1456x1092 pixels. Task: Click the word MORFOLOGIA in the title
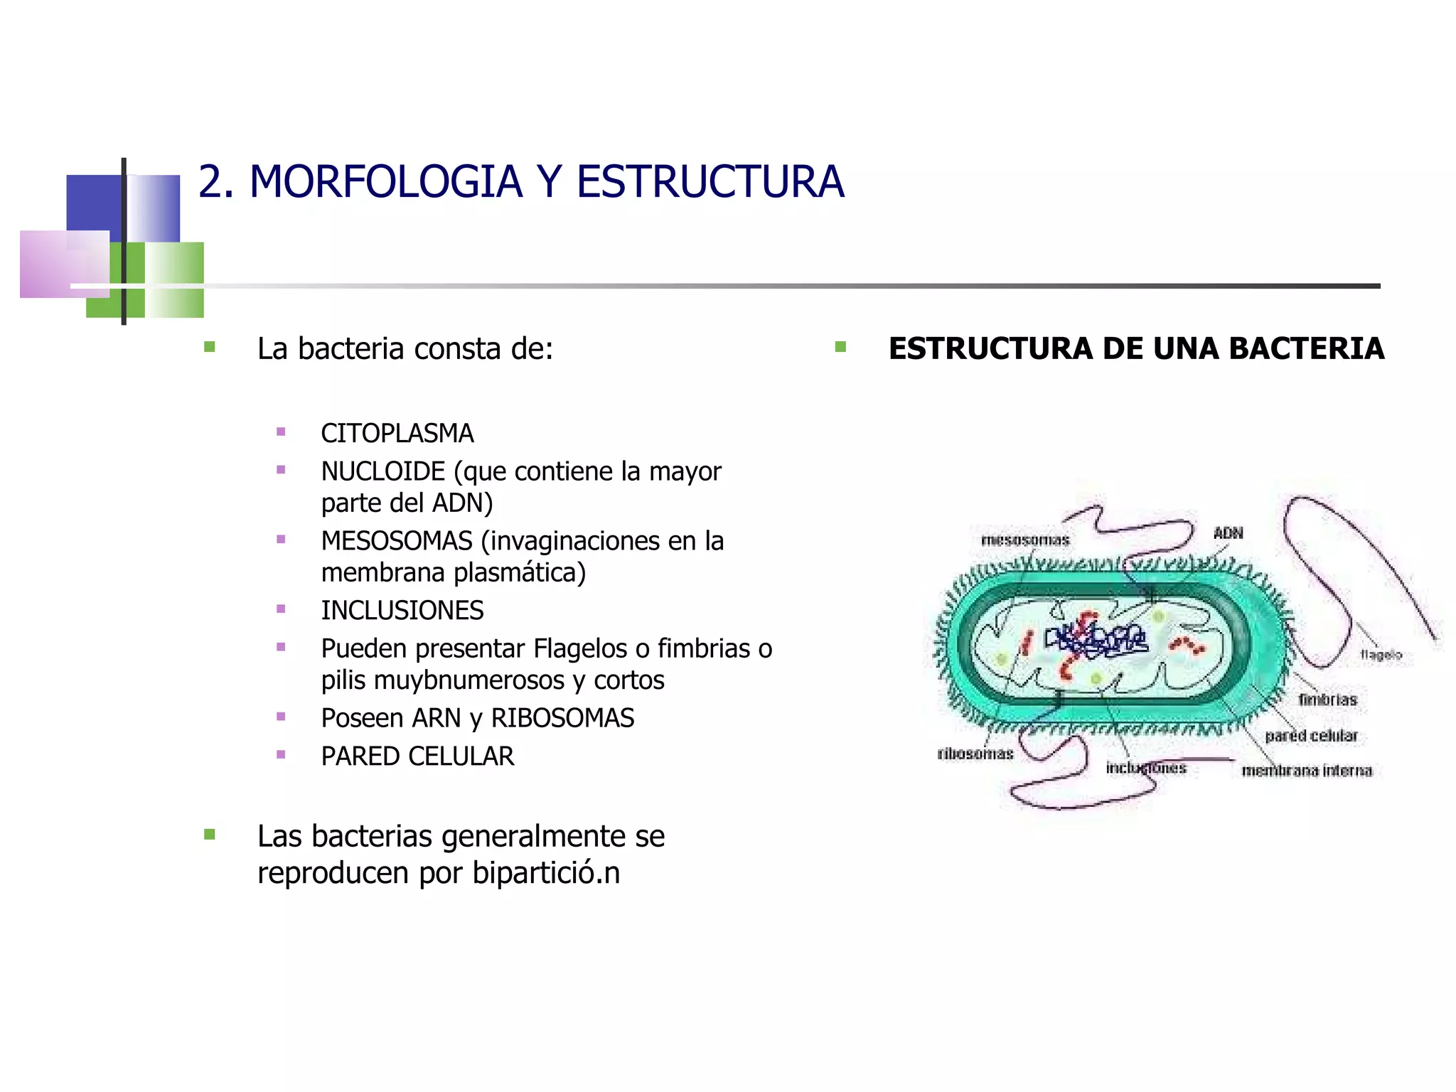coord(385,182)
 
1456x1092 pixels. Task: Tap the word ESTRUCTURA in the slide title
coord(710,182)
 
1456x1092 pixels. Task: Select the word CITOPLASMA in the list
coord(397,433)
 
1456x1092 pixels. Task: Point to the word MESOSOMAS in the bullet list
coord(397,541)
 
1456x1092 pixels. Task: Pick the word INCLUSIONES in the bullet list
coord(402,611)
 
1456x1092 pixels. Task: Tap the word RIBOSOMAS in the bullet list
coord(562,718)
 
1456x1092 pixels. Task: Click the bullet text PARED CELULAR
coord(417,756)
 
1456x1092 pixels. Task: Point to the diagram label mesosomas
coord(1024,540)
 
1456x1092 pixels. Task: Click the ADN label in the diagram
coord(1228,532)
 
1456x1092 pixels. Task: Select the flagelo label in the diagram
coord(1381,654)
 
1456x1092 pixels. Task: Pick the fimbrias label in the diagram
coord(1327,700)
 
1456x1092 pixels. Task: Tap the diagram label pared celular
coord(1311,736)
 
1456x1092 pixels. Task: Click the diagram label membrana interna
coord(1307,771)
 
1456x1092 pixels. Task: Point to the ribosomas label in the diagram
coord(975,754)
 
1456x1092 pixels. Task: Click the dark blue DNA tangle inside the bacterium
coord(1096,640)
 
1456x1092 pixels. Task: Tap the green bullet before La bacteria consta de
coord(210,347)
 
